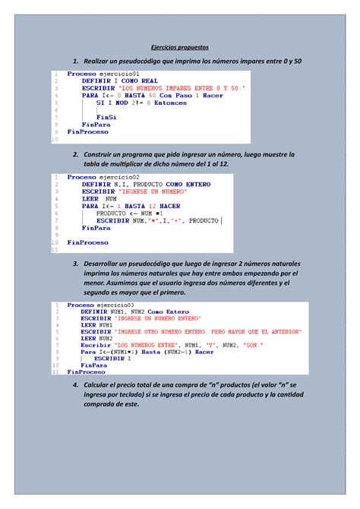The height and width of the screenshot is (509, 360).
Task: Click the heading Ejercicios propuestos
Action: pos(179,46)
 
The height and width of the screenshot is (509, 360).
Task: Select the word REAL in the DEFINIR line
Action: pos(149,81)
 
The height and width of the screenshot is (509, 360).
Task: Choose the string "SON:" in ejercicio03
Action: pos(250,346)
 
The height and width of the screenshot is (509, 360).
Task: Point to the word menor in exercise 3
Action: pos(96,283)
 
